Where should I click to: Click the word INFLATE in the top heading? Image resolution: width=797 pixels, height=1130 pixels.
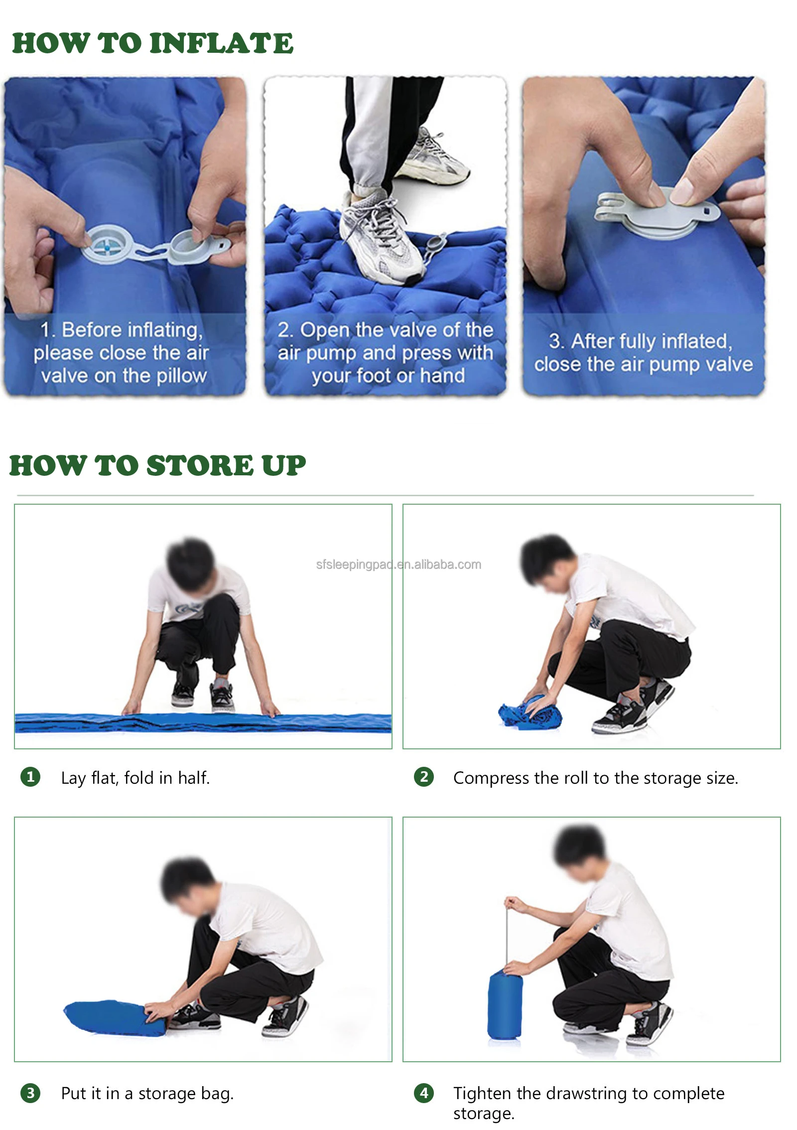(222, 43)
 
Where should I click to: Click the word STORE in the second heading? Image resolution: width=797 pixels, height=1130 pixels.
(200, 465)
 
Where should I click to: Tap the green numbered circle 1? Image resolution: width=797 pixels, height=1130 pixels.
(30, 777)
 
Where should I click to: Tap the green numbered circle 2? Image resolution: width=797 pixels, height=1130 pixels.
(424, 777)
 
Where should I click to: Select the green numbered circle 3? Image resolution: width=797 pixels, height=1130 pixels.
(30, 1093)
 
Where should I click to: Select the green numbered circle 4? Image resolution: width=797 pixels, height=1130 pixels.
(424, 1093)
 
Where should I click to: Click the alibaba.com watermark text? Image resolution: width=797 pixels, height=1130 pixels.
(398, 565)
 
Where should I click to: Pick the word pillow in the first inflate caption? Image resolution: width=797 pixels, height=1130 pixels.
(181, 376)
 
